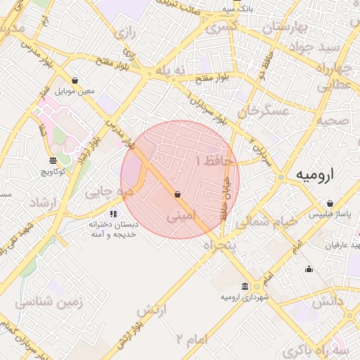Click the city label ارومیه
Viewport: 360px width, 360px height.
314,174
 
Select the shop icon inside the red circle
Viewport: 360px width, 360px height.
177,194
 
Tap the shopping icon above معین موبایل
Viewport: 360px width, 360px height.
75,81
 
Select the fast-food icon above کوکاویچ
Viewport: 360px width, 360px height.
53,161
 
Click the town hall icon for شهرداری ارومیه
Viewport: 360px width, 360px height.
244,286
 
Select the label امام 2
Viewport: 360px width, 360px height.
191,340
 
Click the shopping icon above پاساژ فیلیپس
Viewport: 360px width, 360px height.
330,203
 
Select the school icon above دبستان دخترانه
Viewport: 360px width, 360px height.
113,214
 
